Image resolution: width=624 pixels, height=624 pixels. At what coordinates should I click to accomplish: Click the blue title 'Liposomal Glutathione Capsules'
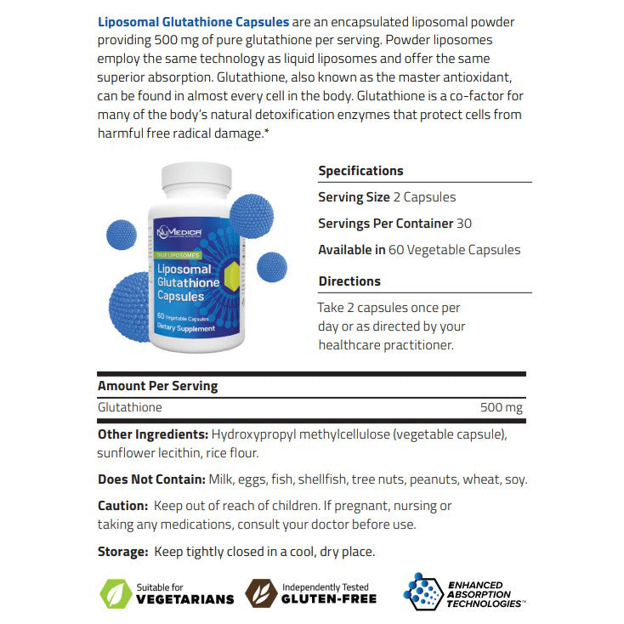point(193,21)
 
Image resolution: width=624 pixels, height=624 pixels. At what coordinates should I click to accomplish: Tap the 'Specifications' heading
point(360,171)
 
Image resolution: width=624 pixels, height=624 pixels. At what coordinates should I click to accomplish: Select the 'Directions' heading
point(349,281)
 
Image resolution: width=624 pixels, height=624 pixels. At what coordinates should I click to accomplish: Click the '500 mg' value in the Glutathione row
point(502,408)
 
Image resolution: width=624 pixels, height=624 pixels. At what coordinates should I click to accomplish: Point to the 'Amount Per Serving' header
point(157,386)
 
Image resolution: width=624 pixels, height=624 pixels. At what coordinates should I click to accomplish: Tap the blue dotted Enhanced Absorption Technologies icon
point(423,591)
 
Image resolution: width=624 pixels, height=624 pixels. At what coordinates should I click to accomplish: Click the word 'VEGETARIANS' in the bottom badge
point(184,598)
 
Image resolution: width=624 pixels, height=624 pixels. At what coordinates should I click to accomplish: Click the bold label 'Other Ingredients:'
point(153,434)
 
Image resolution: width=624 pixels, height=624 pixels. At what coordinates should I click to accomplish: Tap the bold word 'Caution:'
point(122,506)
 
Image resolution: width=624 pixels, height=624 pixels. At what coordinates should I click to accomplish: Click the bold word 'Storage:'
point(122,552)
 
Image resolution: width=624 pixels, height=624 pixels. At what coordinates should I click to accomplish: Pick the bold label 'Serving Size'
point(354,197)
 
